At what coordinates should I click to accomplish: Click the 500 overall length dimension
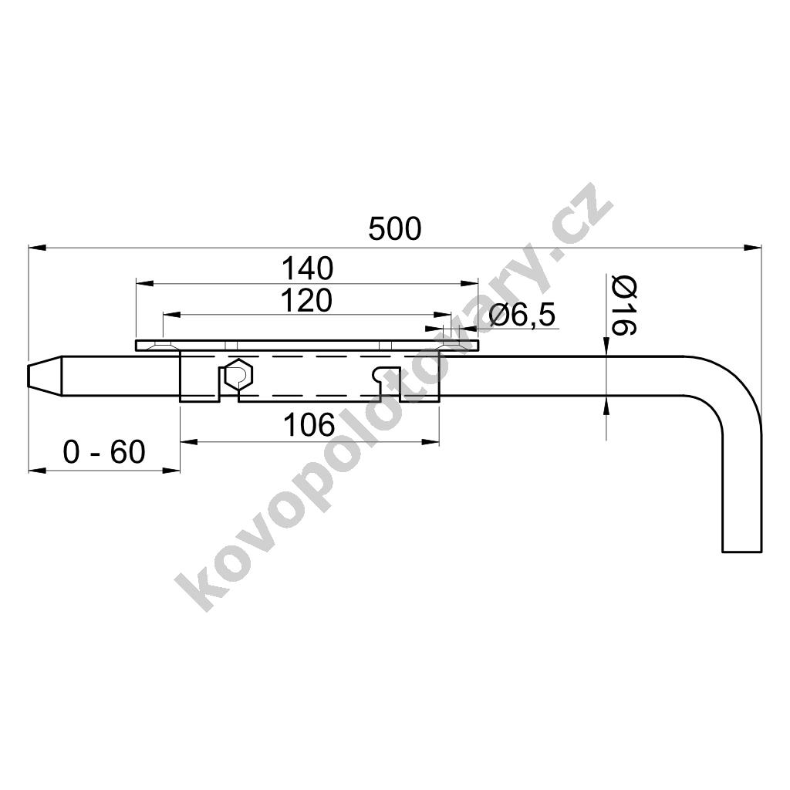coord(394,229)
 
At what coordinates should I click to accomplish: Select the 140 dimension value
coord(307,268)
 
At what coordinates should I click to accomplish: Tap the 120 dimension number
coord(306,301)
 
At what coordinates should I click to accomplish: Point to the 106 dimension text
coord(309,425)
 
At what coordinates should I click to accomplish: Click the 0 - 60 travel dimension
coord(104,451)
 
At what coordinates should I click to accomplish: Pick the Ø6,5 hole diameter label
coord(522,316)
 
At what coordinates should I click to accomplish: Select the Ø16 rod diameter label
coord(623,306)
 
